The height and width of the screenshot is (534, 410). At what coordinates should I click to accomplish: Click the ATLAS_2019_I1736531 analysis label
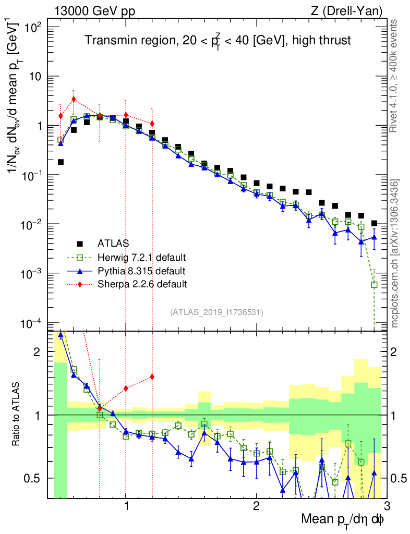pos(216,312)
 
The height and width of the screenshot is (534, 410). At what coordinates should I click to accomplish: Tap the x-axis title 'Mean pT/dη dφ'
pos(343,519)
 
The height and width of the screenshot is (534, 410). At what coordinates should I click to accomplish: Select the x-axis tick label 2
pos(256,506)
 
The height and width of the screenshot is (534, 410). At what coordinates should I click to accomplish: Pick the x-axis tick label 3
pos(386,506)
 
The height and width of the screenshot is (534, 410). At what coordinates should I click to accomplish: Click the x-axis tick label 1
pos(126,506)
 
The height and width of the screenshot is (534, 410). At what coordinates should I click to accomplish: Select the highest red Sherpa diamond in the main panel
pos(74,99)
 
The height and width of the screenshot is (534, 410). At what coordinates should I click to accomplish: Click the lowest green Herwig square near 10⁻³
pos(374,285)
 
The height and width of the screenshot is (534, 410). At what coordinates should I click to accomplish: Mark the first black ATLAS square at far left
pos(61,162)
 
